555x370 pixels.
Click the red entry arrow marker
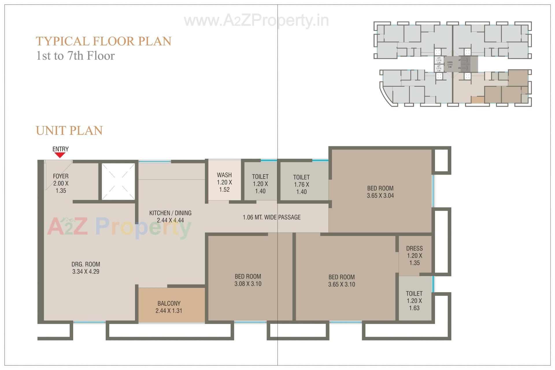pos(60,155)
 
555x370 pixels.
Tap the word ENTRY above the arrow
pos(60,149)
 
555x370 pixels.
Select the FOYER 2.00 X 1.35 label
pos(61,183)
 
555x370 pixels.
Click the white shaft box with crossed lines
pos(118,181)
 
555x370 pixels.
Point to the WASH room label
pos(224,182)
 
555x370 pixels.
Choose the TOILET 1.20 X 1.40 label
pos(260,184)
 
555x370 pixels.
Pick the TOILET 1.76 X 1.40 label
pos(301,184)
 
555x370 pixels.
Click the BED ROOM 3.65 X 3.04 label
pos(380,192)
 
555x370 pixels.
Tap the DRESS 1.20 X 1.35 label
pos(414,256)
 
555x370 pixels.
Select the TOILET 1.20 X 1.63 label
pos(414,301)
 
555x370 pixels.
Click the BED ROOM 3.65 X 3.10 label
pos(341,280)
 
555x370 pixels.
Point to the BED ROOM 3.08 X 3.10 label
pos(248,280)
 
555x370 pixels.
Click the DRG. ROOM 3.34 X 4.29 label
pos(86,268)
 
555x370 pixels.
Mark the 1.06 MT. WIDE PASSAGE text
pos(271,217)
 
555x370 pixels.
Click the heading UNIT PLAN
pos(69,130)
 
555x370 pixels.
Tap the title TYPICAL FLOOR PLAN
pos(103,41)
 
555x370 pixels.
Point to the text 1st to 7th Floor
pos(75,55)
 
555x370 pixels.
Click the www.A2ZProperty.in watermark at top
pos(256,21)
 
